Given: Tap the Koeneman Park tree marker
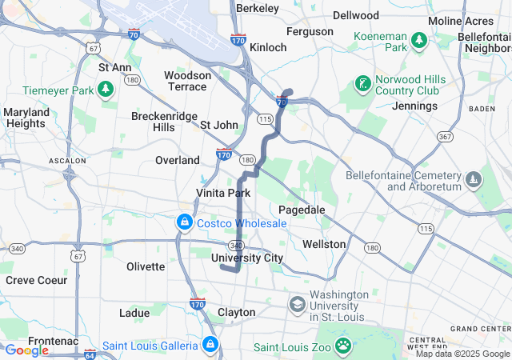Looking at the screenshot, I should point(418,39).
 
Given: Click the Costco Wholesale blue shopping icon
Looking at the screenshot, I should point(185,222).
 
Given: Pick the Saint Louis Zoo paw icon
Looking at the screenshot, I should point(343,345).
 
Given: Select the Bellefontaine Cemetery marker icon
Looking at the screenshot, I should point(474,178).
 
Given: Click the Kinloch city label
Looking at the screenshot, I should point(268,47).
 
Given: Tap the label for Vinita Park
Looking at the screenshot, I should point(223,193).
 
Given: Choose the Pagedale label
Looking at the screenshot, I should point(301,209).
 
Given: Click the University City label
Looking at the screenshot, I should point(247,258).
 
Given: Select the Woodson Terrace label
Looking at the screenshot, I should point(187,80).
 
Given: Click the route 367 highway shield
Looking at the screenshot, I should point(446,136).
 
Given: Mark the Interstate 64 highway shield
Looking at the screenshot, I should point(90,353).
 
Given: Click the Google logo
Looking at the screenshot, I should point(26,350).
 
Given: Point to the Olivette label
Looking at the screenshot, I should point(146,266).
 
